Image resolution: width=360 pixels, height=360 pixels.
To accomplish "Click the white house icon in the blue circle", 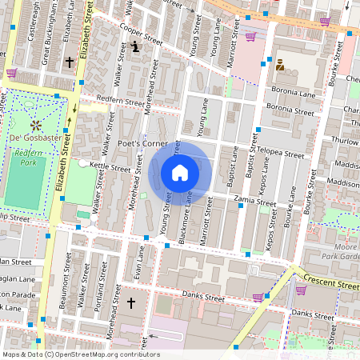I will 180,172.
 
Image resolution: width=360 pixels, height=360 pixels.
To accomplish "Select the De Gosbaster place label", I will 35,139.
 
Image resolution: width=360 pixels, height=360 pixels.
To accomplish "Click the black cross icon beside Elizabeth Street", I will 70,61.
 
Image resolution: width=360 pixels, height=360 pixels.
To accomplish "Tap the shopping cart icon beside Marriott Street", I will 250,36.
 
